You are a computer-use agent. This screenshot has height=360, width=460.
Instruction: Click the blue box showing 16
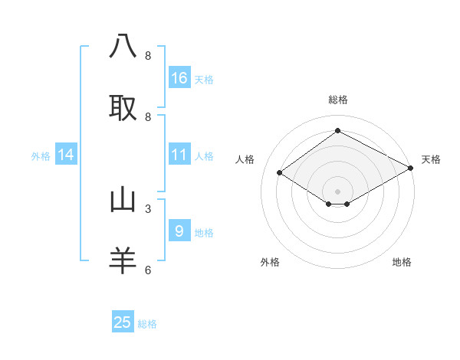tap(179, 78)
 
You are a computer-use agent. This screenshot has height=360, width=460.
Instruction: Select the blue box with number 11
tap(179, 155)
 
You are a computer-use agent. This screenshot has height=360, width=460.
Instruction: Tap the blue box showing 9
tap(179, 231)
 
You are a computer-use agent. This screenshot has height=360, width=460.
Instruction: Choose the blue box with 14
tap(66, 155)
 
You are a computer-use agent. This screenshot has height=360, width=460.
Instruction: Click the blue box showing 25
tap(123, 322)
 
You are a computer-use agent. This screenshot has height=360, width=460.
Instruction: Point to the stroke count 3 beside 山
tap(147, 208)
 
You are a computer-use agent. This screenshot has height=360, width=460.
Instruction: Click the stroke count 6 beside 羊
tap(147, 270)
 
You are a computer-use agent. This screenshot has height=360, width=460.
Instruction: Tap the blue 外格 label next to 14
tap(41, 155)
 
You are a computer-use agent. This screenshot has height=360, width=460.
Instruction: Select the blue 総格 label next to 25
tap(147, 323)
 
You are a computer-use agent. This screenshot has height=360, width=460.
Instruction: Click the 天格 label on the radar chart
tap(431, 159)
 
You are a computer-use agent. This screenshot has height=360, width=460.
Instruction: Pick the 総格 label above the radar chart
tap(337, 100)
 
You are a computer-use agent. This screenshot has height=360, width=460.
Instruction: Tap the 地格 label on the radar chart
tap(402, 262)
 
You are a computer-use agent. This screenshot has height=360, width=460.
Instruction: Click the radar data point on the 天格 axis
tap(412, 168)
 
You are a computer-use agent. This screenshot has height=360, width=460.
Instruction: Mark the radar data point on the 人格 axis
tap(280, 173)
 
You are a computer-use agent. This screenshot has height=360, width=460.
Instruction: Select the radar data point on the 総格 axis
tap(337, 131)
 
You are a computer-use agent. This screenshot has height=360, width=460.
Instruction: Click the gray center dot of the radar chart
tap(337, 191)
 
